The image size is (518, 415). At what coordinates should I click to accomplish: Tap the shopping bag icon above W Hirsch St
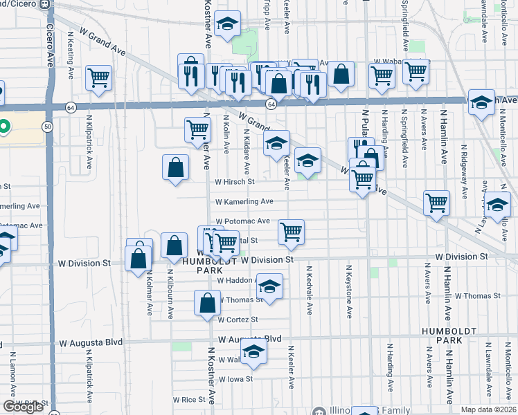coord(176,167)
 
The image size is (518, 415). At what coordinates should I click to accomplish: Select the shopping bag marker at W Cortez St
coord(208,302)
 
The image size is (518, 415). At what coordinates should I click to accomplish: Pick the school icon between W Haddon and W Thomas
coord(270,286)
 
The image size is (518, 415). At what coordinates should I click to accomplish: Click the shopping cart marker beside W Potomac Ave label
coord(292,232)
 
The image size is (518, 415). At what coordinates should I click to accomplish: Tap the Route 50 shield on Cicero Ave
coord(47,127)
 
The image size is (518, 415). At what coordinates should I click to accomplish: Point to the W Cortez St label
coord(237,320)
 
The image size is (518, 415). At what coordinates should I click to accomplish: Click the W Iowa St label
coord(235,379)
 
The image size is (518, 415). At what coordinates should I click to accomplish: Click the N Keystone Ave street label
coord(348,292)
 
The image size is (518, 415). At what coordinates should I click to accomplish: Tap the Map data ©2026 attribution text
coord(488,410)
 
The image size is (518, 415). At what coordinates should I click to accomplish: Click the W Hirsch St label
coord(235,182)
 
